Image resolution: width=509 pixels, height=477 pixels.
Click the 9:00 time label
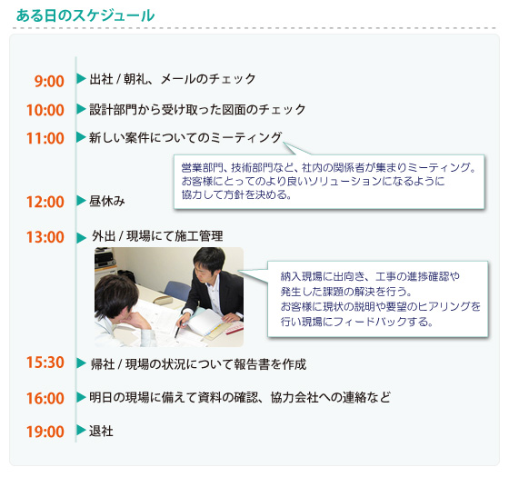(x=49, y=82)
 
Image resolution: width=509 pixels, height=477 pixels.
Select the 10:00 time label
(x=45, y=111)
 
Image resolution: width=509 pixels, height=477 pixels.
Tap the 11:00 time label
(x=45, y=139)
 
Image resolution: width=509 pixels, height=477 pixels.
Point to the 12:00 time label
(x=45, y=203)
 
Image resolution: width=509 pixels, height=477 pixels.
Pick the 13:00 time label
(x=45, y=238)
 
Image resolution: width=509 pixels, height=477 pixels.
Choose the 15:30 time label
(x=45, y=363)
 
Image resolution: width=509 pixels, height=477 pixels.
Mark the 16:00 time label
(x=45, y=399)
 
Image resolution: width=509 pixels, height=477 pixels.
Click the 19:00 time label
(x=45, y=432)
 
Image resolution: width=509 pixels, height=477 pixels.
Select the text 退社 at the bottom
(x=101, y=431)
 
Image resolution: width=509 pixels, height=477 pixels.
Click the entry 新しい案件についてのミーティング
(x=185, y=138)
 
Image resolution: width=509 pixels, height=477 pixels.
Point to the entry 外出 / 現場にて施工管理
(x=157, y=237)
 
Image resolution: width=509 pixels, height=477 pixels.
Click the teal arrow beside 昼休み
(x=81, y=200)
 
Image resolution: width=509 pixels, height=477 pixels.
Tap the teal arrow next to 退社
(x=81, y=430)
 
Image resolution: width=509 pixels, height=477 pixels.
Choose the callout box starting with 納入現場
(x=380, y=298)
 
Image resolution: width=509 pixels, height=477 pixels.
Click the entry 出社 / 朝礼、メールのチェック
(x=173, y=80)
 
